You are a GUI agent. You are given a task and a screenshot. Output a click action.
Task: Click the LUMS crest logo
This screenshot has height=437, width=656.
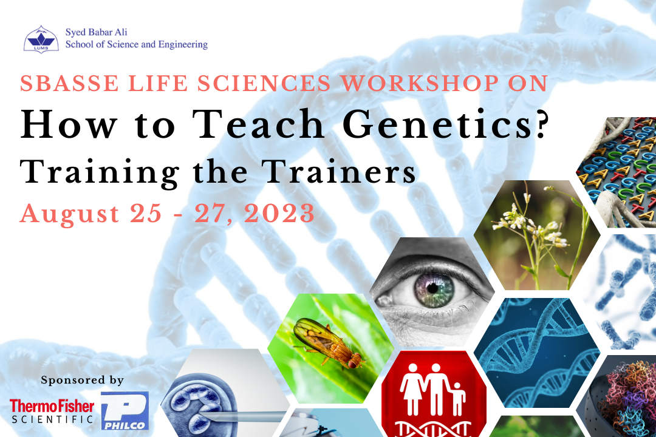(41, 39)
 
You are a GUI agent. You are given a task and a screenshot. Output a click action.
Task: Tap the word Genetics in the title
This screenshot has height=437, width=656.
(437, 124)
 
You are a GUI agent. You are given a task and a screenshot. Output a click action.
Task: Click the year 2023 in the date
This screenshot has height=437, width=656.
(279, 213)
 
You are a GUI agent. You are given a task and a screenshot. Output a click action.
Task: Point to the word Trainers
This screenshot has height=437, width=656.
(339, 172)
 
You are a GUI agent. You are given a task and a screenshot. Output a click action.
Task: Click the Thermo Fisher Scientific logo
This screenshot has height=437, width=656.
(52, 412)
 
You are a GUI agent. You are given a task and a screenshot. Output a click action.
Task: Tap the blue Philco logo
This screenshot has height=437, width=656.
(125, 411)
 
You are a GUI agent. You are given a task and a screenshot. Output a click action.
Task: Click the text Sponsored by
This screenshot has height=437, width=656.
(83, 380)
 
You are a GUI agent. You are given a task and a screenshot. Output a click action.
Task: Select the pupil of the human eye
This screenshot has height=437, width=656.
(432, 288)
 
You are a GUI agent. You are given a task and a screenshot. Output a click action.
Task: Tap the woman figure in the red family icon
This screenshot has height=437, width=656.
(412, 389)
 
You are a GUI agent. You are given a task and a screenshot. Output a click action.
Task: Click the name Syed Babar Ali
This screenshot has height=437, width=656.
(96, 32)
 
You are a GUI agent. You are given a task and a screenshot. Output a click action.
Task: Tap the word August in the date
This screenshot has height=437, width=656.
(70, 214)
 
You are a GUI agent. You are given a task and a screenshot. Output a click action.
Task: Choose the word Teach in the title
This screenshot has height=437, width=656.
(258, 124)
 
